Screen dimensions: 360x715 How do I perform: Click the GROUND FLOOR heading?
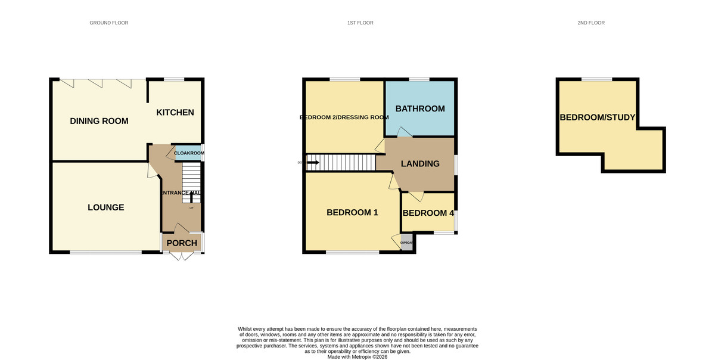pos(108,23)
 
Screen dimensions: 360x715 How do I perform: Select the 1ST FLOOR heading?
pos(360,23)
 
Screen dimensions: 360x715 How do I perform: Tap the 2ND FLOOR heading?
pos(590,23)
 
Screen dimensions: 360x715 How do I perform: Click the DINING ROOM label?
pos(99,121)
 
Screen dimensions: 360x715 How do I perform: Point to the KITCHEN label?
pos(175,112)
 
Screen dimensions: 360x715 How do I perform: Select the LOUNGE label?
pos(105,207)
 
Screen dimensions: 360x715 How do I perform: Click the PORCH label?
pos(181,243)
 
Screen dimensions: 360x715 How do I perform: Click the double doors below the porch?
pos(181,256)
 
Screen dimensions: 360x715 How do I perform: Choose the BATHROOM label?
pos(419,108)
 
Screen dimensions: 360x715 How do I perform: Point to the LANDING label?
pos(419,164)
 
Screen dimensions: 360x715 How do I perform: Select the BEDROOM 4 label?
pos(428,213)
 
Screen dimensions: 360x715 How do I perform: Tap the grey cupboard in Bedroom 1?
pos(406,243)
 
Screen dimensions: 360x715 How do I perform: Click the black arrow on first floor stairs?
pos(313,162)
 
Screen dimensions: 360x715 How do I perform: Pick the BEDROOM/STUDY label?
pos(597,117)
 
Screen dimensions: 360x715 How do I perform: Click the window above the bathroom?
pos(419,79)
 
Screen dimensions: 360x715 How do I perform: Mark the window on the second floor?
pos(596,79)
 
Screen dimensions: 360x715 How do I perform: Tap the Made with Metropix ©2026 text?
pos(357,356)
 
